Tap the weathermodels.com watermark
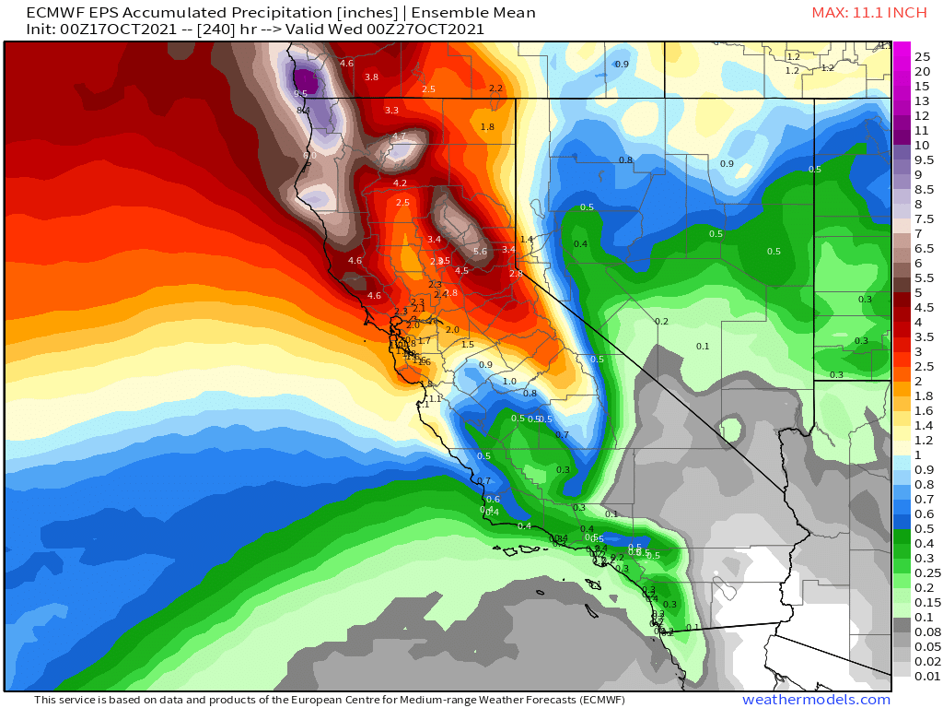(803, 700)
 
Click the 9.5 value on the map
(300, 93)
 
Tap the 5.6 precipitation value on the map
(480, 251)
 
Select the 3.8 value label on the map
(372, 77)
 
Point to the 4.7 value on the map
(399, 136)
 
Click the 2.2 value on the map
(495, 88)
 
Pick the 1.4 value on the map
(527, 240)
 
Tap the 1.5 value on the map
(468, 345)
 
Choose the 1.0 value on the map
(509, 381)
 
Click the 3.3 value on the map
(391, 111)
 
